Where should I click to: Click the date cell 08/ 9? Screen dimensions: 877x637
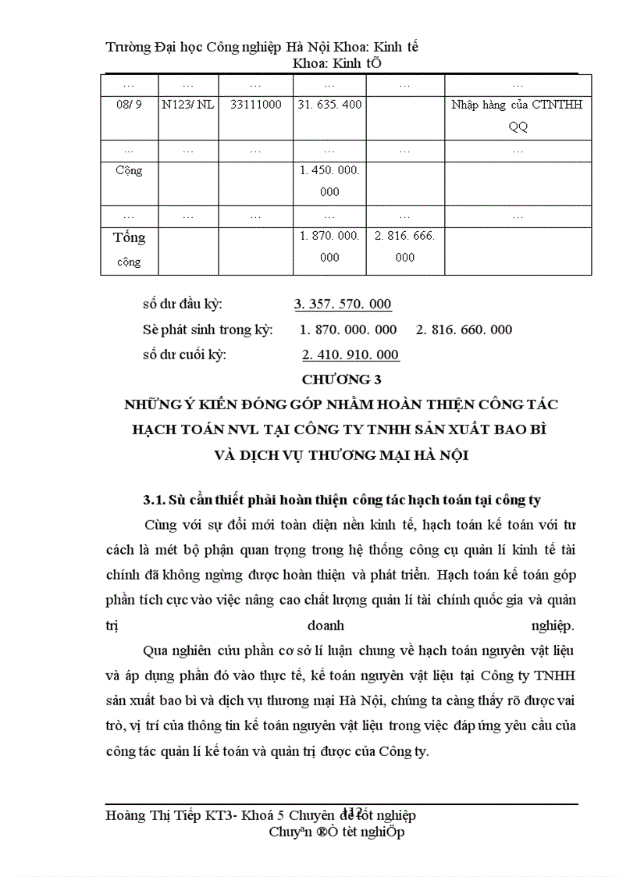(123, 104)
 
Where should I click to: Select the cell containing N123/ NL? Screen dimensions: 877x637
(187, 104)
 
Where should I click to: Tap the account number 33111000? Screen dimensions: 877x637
(256, 104)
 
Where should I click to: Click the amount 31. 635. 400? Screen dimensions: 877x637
(329, 104)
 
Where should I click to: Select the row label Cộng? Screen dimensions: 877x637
(128, 170)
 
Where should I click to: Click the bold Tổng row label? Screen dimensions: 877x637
(130, 237)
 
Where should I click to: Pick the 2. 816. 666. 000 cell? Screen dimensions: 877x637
(404, 246)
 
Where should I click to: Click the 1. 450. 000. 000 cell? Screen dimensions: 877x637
(329, 180)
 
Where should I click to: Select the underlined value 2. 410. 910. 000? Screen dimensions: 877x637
(351, 355)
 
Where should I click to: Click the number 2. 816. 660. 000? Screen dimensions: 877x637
(464, 330)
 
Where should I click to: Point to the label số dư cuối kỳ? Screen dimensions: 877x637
(184, 355)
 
